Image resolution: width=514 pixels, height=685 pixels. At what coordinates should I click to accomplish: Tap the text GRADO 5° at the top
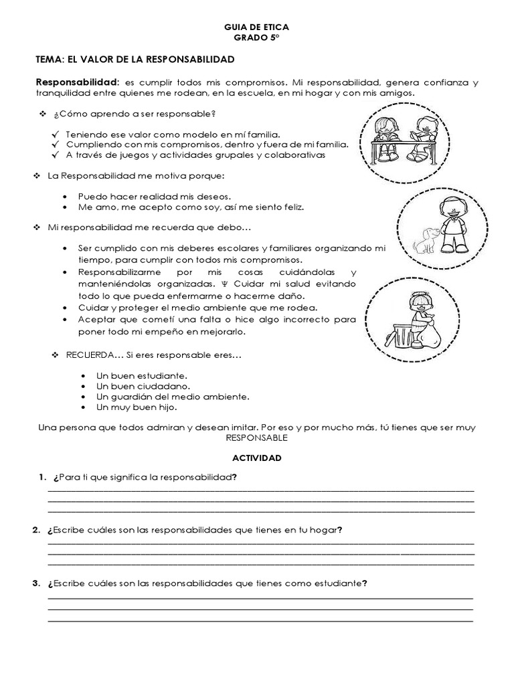[x=257, y=39]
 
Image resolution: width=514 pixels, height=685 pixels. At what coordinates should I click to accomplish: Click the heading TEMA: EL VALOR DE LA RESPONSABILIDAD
[x=135, y=60]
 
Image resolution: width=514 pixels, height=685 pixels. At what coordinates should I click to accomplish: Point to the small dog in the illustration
[x=422, y=239]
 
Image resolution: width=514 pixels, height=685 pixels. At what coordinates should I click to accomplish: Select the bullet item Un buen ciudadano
[x=143, y=386]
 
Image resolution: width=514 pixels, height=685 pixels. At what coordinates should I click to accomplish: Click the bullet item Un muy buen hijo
[x=137, y=407]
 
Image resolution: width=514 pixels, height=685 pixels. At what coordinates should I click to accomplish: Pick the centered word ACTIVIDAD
[x=256, y=458]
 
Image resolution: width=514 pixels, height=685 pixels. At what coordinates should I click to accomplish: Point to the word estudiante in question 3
[x=336, y=583]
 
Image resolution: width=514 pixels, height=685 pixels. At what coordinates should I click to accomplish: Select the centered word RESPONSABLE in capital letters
[x=256, y=438]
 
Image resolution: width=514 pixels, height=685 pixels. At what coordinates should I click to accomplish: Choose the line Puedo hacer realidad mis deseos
[x=154, y=197]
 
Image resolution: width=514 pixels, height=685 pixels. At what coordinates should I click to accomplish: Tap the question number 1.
[x=41, y=478]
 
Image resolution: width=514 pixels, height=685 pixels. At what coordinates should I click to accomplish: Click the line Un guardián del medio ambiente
[x=173, y=396]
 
